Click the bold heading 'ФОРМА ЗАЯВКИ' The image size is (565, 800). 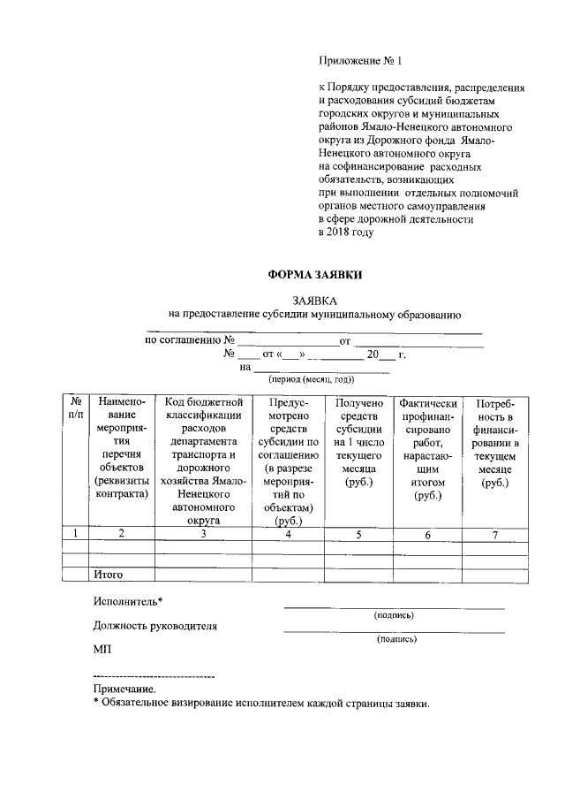click(x=315, y=276)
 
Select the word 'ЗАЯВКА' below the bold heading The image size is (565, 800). click(x=315, y=301)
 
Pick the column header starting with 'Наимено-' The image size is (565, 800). click(x=122, y=450)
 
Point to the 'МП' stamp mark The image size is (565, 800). click(x=102, y=650)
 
